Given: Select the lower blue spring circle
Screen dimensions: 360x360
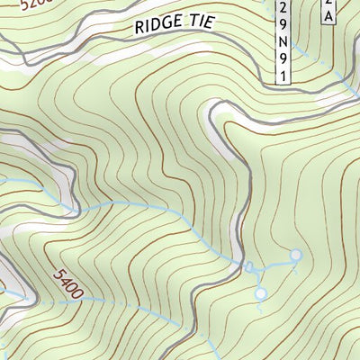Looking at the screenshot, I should [x=260, y=293].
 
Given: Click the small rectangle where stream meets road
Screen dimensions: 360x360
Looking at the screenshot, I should [x=249, y=266].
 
